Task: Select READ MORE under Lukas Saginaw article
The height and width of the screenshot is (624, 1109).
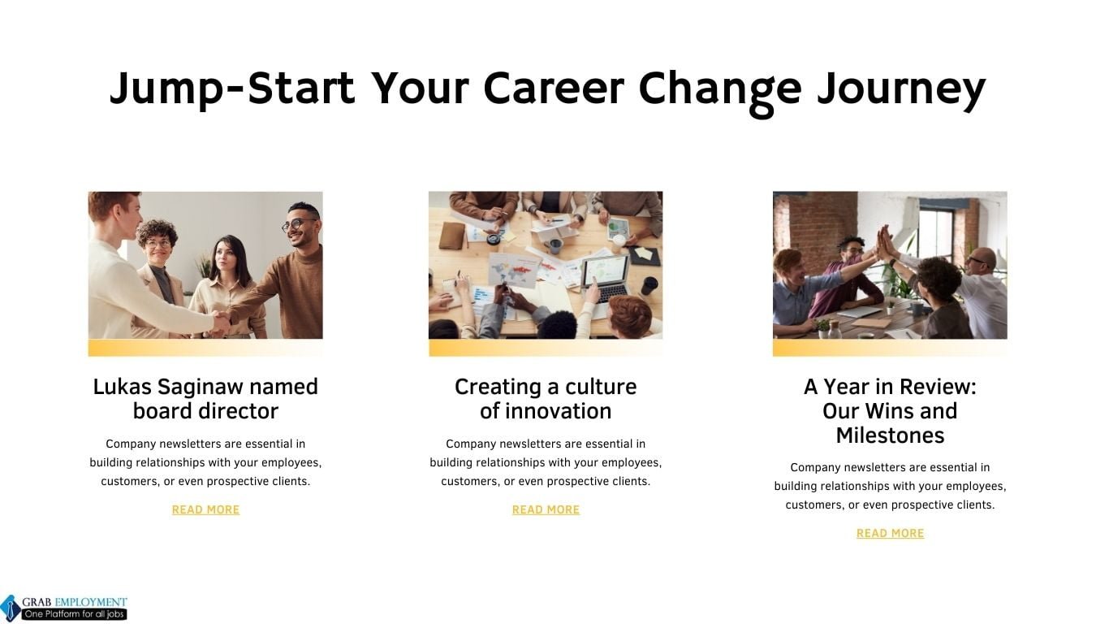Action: click(205, 509)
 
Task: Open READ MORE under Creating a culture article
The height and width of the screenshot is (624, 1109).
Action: click(546, 509)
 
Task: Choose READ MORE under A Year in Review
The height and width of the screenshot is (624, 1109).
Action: click(890, 533)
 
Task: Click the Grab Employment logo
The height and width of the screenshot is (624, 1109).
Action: click(64, 607)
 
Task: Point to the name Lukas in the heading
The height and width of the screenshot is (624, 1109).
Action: click(122, 387)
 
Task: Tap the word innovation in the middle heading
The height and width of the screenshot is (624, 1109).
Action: click(558, 411)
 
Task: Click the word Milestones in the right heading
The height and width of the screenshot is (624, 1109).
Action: click(890, 435)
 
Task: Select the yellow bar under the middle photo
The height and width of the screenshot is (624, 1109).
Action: click(546, 348)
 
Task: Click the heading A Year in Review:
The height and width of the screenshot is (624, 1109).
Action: click(890, 387)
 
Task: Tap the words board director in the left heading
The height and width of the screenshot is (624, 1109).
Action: click(205, 411)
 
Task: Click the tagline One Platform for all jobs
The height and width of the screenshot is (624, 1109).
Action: click(74, 614)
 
